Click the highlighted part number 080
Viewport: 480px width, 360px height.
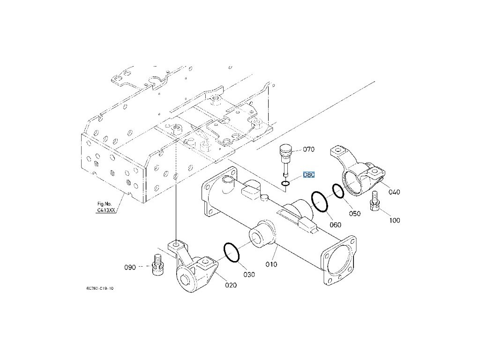pyautogui.click(x=308, y=175)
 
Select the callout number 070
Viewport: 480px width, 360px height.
pyautogui.click(x=308, y=150)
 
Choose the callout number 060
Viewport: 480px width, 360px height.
pyautogui.click(x=335, y=225)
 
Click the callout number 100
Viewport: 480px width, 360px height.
pyautogui.click(x=394, y=220)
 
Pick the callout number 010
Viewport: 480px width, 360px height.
pyautogui.click(x=271, y=264)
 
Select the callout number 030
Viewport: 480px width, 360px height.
pyautogui.click(x=249, y=274)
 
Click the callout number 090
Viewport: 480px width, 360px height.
pyautogui.click(x=130, y=267)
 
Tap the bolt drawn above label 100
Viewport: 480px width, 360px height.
pyautogui.click(x=375, y=202)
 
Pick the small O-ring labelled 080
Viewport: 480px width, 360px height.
pyautogui.click(x=286, y=183)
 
